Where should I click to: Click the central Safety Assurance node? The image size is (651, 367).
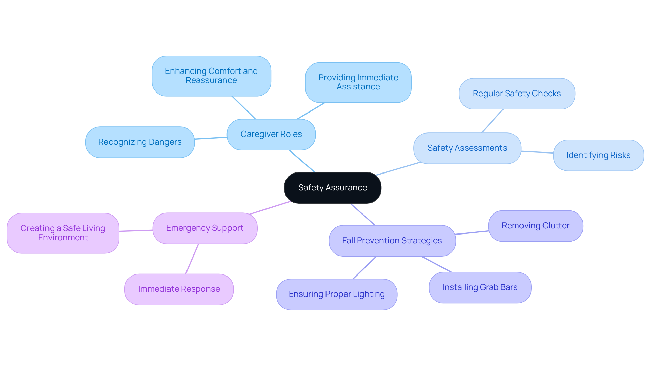pyautogui.click(x=333, y=188)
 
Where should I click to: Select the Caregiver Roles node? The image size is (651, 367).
pyautogui.click(x=271, y=134)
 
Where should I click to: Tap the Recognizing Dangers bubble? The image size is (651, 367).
pyautogui.click(x=140, y=142)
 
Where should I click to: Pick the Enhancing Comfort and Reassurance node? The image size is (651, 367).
pyautogui.click(x=211, y=76)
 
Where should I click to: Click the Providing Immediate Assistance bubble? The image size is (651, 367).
pyautogui.click(x=358, y=82)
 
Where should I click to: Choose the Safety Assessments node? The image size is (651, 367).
pyautogui.click(x=467, y=148)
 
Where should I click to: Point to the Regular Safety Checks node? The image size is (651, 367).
pyautogui.click(x=517, y=94)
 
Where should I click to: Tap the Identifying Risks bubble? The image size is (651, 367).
pyautogui.click(x=598, y=155)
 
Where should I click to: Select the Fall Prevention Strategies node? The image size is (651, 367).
pyautogui.click(x=392, y=241)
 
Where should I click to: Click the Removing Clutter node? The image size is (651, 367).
pyautogui.click(x=535, y=226)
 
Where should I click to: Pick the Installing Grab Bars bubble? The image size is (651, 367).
pyautogui.click(x=480, y=287)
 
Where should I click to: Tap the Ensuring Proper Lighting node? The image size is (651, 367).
pyautogui.click(x=336, y=294)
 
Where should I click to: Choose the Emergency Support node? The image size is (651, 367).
pyautogui.click(x=205, y=228)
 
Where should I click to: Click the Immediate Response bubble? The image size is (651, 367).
pyautogui.click(x=179, y=289)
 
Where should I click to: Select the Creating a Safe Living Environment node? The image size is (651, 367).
pyautogui.click(x=63, y=233)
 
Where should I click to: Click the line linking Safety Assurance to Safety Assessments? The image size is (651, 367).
pyautogui.click(x=398, y=169)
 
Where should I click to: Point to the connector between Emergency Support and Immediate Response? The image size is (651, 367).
pyautogui.click(x=192, y=259)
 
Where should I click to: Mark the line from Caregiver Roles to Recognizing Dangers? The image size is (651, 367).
pyautogui.click(x=211, y=138)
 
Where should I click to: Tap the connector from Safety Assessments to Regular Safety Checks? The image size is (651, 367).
pyautogui.click(x=492, y=121)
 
